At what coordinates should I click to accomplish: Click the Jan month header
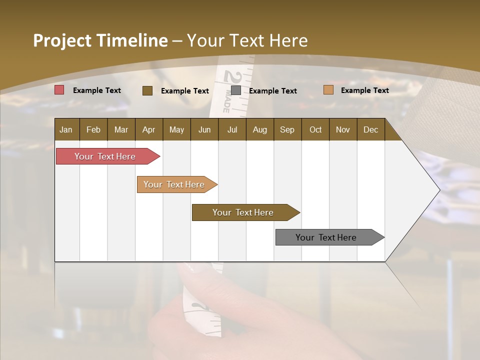66,129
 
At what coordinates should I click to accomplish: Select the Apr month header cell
149,129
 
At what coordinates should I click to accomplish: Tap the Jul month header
232,129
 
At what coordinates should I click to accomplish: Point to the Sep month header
287,129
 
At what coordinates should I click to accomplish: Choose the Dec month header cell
370,129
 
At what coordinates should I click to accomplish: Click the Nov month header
343,129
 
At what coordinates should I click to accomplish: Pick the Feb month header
93,129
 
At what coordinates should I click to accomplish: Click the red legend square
59,90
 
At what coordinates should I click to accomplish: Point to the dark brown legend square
147,90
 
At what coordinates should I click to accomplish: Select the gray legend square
236,90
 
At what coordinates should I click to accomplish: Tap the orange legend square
328,90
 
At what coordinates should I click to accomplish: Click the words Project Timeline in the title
100,40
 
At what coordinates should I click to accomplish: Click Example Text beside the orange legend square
364,90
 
